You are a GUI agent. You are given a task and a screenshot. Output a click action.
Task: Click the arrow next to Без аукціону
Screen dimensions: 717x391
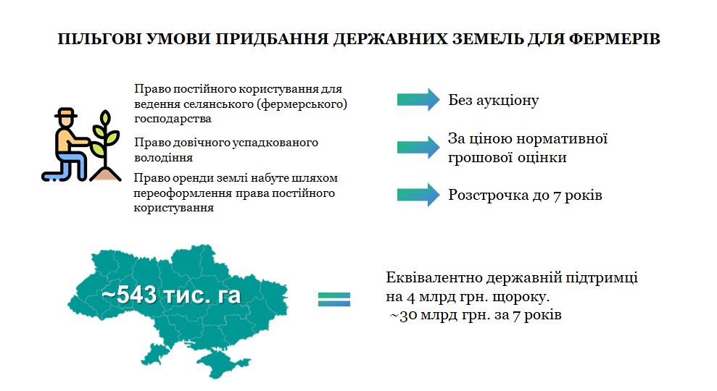418,100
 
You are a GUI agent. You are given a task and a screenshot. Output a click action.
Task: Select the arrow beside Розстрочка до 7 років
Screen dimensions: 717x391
418,195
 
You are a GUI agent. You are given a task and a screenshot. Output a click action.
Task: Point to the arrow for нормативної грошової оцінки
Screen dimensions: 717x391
418,147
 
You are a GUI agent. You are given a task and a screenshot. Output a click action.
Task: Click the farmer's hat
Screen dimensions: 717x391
66,113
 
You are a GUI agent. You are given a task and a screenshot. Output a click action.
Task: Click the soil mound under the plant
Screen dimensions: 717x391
106,175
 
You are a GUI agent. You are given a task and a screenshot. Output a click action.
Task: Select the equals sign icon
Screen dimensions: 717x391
333,299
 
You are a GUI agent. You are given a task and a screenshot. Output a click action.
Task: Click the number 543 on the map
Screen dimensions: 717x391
137,295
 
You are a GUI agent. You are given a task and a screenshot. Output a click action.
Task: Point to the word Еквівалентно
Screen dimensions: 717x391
434,277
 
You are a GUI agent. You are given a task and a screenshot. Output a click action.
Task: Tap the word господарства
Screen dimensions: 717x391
173,119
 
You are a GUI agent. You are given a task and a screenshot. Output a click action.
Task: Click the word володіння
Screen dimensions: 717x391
163,158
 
